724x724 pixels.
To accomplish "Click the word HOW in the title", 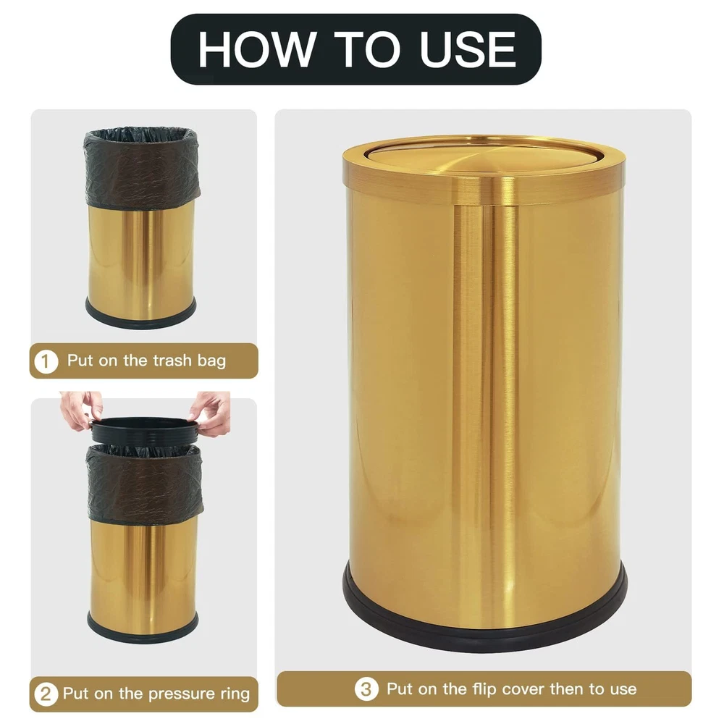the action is (257, 49).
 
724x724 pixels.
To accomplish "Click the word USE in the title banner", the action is (467, 49).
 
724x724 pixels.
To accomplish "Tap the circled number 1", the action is (46, 361).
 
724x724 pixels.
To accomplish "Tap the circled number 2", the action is (46, 694).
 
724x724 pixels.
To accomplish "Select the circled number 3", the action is (366, 689).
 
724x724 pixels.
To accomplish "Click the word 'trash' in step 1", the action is (172, 360).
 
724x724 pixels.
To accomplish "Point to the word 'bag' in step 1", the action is (211, 361).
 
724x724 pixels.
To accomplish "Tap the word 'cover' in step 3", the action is (523, 689).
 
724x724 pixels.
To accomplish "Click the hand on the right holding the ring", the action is (211, 413).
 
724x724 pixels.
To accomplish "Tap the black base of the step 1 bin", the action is (141, 317).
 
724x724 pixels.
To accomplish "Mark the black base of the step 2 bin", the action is (143, 632).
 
